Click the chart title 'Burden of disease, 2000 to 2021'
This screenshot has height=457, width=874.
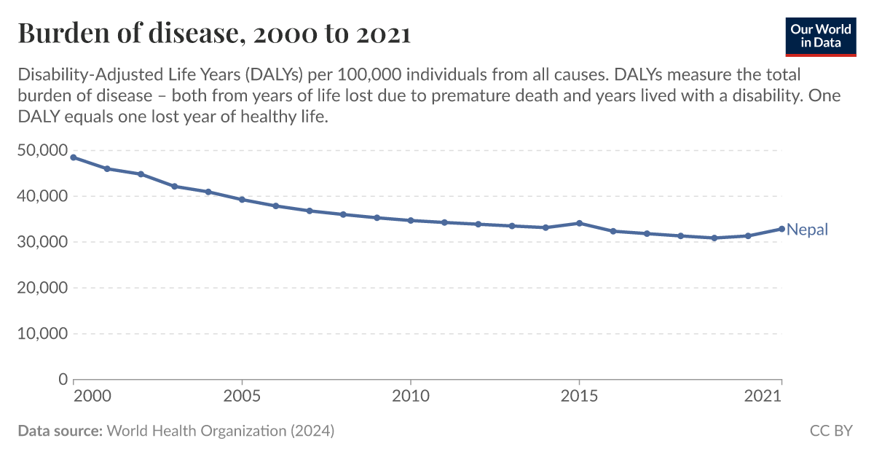pyautogui.click(x=214, y=34)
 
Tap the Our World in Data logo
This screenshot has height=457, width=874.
pyautogui.click(x=820, y=36)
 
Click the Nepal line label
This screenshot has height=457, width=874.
pyautogui.click(x=807, y=230)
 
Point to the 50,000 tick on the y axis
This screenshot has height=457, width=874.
pyautogui.click(x=42, y=151)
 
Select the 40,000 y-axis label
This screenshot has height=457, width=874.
pyautogui.click(x=42, y=197)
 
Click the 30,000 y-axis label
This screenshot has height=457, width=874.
pyautogui.click(x=42, y=243)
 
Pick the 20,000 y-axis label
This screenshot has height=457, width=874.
pyautogui.click(x=42, y=289)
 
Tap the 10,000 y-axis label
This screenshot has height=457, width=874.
pyautogui.click(x=42, y=335)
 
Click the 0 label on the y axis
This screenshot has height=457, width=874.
pyautogui.click(x=63, y=380)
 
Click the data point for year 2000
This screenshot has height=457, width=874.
pyautogui.click(x=74, y=157)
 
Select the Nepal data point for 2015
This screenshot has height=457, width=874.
pyautogui.click(x=579, y=223)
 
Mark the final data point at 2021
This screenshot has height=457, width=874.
pyautogui.click(x=782, y=229)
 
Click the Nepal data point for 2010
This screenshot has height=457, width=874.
pyautogui.click(x=411, y=220)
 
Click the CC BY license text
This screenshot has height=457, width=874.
pyautogui.click(x=831, y=431)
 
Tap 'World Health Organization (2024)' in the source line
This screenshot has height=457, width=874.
pyautogui.click(x=221, y=431)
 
